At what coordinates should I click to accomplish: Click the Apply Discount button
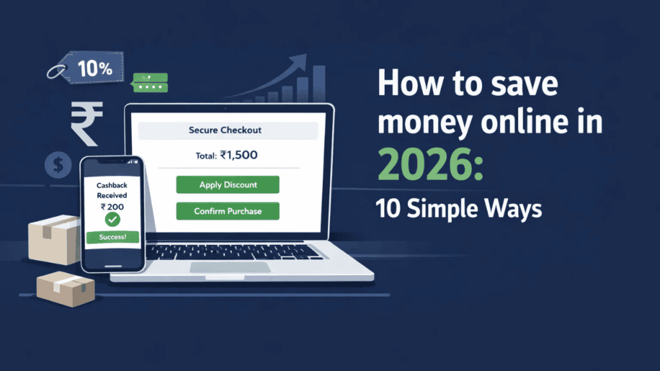pyautogui.click(x=228, y=185)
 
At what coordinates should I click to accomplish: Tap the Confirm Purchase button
pyautogui.click(x=228, y=211)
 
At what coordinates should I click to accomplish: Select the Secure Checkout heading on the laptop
pyautogui.click(x=225, y=130)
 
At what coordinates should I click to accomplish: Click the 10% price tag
pyautogui.click(x=94, y=69)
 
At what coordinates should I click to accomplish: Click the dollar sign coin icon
pyautogui.click(x=58, y=166)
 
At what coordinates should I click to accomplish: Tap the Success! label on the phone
pyautogui.click(x=112, y=237)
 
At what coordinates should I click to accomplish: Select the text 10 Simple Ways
pyautogui.click(x=459, y=210)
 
